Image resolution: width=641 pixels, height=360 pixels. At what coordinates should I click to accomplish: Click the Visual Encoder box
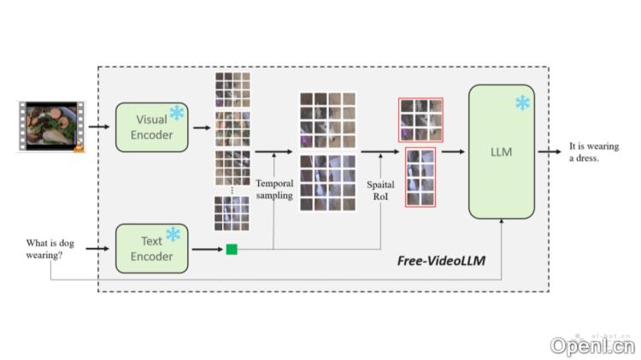click(x=151, y=127)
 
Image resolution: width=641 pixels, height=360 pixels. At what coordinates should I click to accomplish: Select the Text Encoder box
click(x=151, y=249)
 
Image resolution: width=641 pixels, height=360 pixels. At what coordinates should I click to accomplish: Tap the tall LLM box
click(x=501, y=152)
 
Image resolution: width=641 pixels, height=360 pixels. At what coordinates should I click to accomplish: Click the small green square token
click(x=231, y=249)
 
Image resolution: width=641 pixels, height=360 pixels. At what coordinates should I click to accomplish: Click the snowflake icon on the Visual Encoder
click(x=177, y=113)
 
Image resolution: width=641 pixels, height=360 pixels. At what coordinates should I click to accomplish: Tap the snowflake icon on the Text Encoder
click(x=173, y=234)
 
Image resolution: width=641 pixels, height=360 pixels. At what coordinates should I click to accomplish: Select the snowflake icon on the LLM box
click(x=521, y=103)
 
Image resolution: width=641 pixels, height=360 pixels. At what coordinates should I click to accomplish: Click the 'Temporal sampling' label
click(x=274, y=189)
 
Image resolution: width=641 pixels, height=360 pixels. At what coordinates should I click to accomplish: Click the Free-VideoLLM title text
click(x=442, y=260)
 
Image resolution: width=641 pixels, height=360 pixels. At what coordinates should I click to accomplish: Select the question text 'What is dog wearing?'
click(x=50, y=248)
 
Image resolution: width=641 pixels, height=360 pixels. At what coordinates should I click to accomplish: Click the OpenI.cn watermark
click(x=592, y=345)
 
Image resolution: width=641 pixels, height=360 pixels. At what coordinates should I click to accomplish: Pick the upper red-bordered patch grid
click(x=420, y=120)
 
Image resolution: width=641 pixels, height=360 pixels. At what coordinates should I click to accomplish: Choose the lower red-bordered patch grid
click(x=420, y=177)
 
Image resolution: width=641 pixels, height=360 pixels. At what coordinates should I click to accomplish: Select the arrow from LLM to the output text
click(x=550, y=151)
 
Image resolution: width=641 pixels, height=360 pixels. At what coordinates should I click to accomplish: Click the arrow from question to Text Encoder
click(x=97, y=249)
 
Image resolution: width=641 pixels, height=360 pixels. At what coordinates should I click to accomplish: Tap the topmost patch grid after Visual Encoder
click(x=232, y=88)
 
